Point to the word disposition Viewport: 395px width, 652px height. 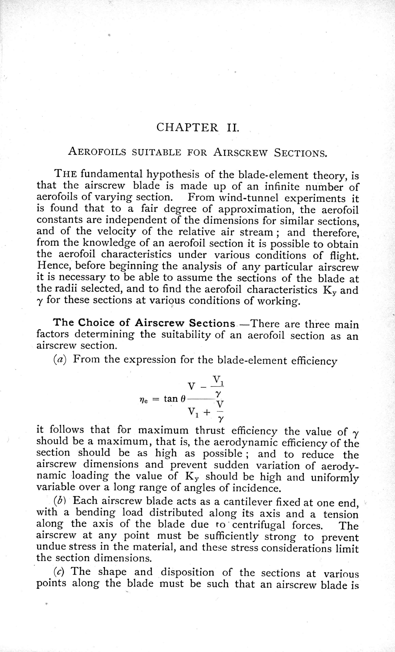(x=187, y=572)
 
